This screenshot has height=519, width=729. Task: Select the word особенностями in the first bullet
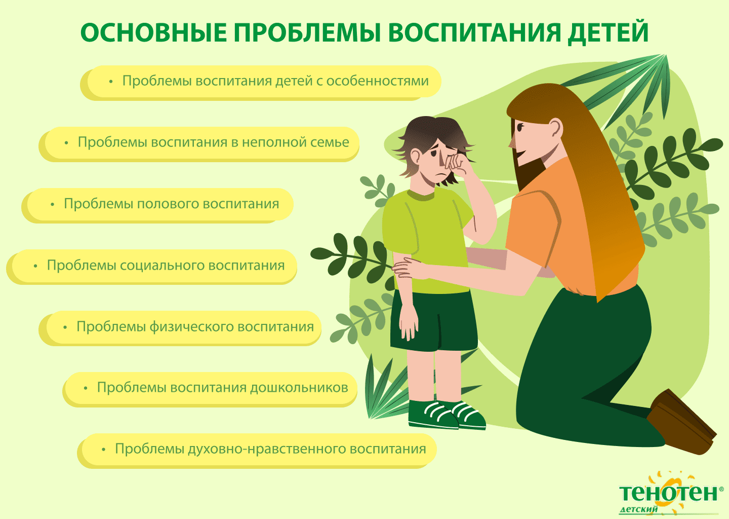[x=378, y=81]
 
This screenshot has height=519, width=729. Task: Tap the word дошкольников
[x=299, y=388]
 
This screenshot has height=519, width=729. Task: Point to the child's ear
[x=416, y=157]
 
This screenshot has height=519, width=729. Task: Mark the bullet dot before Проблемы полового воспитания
[x=53, y=205]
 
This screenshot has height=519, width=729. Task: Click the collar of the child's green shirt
[x=421, y=195]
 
